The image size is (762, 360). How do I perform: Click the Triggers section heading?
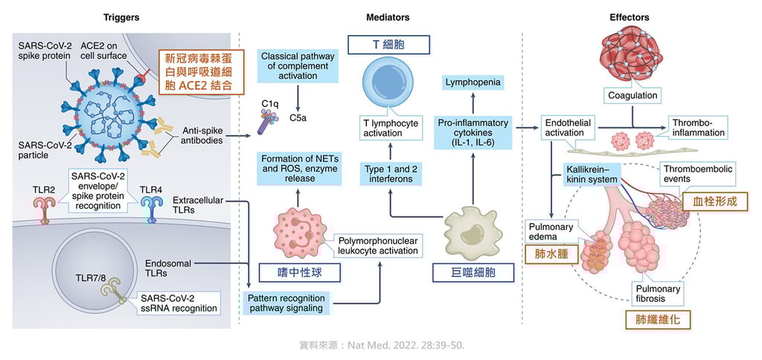tap(121, 17)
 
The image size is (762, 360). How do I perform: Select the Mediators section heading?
tap(388, 17)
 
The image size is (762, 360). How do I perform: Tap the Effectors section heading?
tap(629, 17)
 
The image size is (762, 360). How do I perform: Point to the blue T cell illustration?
tap(386, 85)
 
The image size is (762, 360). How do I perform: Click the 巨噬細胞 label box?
tap(474, 273)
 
